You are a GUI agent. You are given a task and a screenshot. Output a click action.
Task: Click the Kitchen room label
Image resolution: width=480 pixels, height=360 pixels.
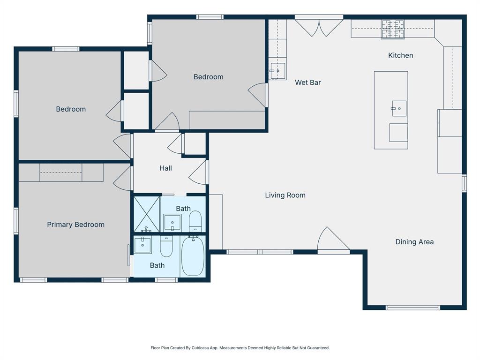(x=400, y=55)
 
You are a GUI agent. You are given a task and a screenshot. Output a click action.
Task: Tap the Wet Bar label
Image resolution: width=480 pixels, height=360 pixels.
(x=307, y=82)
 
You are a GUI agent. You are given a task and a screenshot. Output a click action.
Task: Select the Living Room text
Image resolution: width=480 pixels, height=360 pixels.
(x=285, y=195)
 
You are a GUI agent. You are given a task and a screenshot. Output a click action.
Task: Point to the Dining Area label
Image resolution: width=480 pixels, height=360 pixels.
(x=414, y=242)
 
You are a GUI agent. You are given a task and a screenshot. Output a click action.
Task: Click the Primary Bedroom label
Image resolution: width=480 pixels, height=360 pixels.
(x=75, y=225)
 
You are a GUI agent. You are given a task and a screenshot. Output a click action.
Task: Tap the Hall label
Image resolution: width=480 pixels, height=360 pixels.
(x=165, y=168)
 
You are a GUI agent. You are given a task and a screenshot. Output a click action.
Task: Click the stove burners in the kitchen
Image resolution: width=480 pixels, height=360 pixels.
(x=393, y=30)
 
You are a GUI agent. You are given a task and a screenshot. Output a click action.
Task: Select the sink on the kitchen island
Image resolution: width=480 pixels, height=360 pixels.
(x=399, y=108)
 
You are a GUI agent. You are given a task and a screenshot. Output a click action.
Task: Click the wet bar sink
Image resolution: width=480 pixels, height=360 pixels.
(x=277, y=71)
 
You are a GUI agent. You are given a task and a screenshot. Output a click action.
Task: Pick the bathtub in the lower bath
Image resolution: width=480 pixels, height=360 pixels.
(x=193, y=256)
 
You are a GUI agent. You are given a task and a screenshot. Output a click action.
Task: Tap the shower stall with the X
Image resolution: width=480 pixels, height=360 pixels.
(x=147, y=214)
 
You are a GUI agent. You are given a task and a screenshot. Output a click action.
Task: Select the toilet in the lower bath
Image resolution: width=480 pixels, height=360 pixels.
(x=166, y=246)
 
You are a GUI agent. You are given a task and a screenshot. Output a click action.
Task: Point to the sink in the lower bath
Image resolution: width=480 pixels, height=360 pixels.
(x=142, y=245)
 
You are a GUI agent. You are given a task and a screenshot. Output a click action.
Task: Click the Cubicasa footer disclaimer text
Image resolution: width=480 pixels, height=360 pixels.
(x=240, y=348)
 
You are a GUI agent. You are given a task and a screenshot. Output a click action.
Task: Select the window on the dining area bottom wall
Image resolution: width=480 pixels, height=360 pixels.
(x=412, y=307)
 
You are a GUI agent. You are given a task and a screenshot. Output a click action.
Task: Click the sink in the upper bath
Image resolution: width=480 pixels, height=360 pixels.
(x=172, y=223)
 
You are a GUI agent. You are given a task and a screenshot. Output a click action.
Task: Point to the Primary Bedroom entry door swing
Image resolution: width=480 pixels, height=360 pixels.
(x=122, y=178)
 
